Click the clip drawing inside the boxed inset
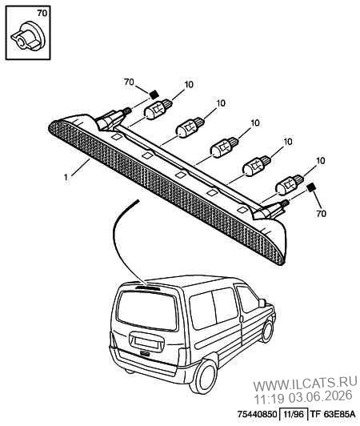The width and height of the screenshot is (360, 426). pyautogui.click(x=28, y=37)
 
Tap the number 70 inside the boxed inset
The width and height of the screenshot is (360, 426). pyautogui.click(x=42, y=13)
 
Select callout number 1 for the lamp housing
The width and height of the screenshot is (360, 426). pyautogui.click(x=66, y=177)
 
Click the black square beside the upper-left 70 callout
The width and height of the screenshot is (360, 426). pyautogui.click(x=154, y=94)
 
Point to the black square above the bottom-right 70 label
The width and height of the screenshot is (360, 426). pyautogui.click(x=310, y=187)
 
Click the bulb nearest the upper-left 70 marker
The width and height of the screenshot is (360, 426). pyautogui.click(x=158, y=109)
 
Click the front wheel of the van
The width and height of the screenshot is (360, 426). pyautogui.click(x=268, y=331)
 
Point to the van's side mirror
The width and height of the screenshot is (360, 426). pyautogui.click(x=262, y=303)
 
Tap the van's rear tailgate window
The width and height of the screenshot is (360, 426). pyautogui.click(x=147, y=310)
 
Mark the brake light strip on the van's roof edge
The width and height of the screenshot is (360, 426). pyautogui.click(x=148, y=287)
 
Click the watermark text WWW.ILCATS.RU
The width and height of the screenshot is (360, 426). pyautogui.click(x=305, y=384)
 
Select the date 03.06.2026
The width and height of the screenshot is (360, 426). pyautogui.click(x=320, y=396)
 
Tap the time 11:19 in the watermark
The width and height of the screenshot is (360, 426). pyautogui.click(x=269, y=397)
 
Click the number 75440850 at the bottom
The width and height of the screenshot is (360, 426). pyautogui.click(x=257, y=414)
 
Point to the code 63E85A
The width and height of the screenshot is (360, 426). pyautogui.click(x=339, y=414)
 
